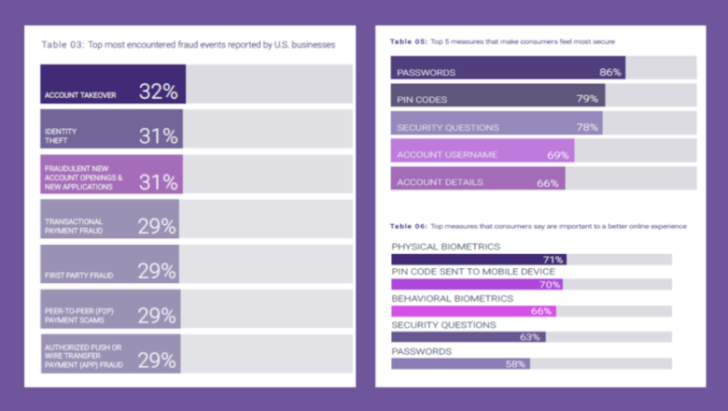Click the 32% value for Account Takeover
tap(158, 91)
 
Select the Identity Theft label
tap(61, 135)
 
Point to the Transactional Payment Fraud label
tap(74, 225)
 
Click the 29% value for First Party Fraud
tap(157, 271)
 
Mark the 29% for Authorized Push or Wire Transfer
tap(157, 361)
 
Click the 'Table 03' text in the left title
tap(62, 45)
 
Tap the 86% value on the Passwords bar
tap(610, 72)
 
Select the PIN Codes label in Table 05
tap(422, 99)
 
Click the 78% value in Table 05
tap(587, 127)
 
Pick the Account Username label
tap(447, 154)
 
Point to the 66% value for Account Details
tap(548, 182)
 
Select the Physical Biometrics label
tap(445, 247)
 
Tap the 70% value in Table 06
tap(550, 285)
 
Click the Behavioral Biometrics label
tap(452, 298)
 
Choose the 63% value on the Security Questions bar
tap(530, 337)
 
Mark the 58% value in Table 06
tap(515, 364)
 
